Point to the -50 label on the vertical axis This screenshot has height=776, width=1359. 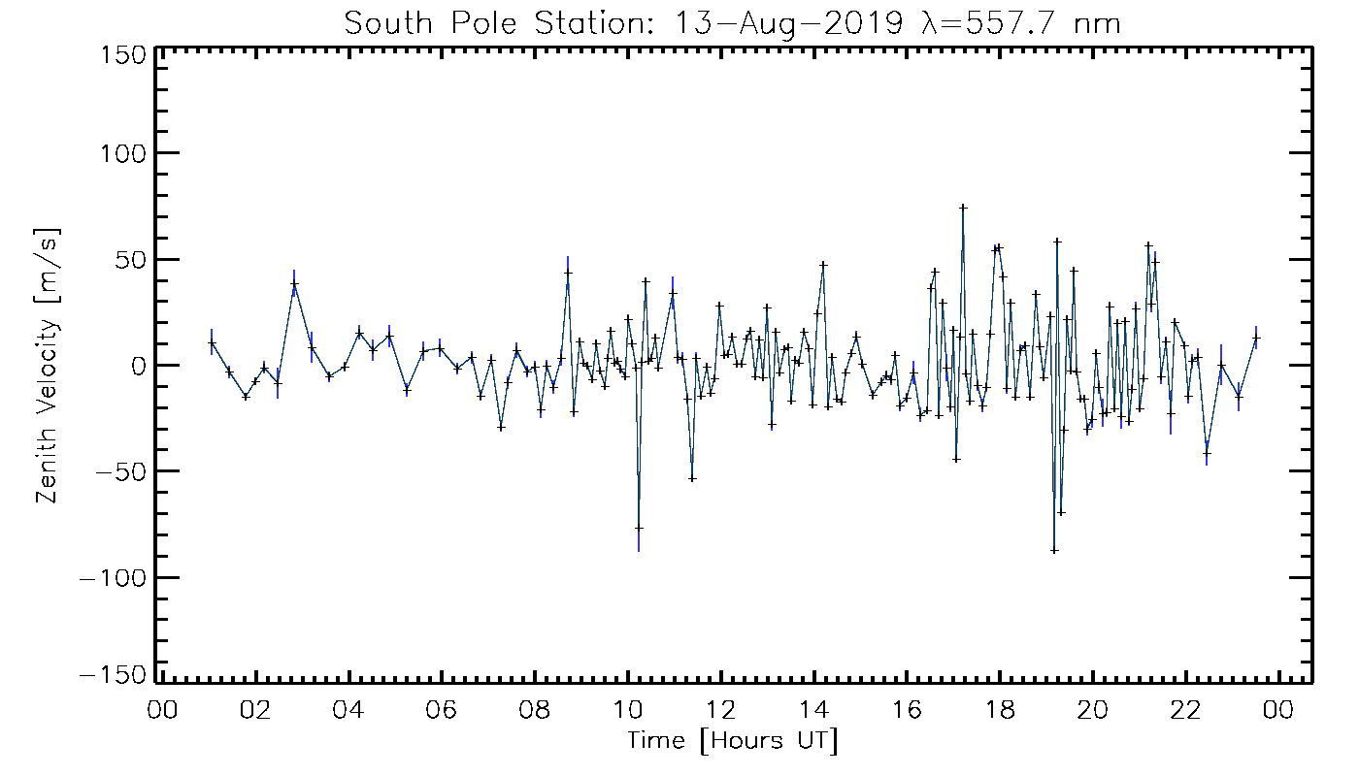tap(117, 471)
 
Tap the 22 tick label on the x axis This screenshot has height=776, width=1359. tap(1186, 709)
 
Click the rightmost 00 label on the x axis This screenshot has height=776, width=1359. tap(1279, 709)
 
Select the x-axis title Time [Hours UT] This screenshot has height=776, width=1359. tap(733, 742)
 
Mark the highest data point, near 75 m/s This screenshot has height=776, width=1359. tap(963, 207)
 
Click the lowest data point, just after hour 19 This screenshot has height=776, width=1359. tap(1054, 550)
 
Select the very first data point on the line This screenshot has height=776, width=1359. tap(212, 342)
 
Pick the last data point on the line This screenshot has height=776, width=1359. tap(1256, 338)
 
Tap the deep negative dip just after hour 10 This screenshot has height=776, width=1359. tap(639, 528)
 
